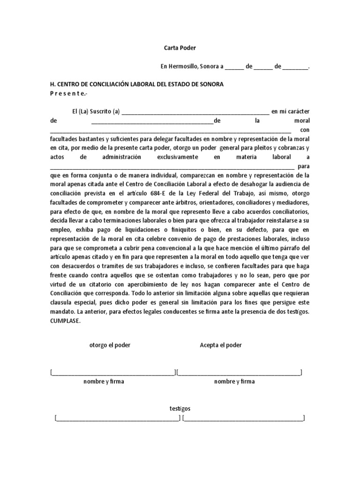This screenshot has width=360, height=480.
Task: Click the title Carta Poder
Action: click(180, 48)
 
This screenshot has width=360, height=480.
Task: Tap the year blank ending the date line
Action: click(295, 67)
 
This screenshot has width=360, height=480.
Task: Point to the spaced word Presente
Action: click(68, 93)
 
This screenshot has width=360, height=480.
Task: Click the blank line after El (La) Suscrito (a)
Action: click(195, 112)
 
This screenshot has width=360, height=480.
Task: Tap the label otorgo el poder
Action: click(110, 345)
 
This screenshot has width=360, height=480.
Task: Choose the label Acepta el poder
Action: click(221, 345)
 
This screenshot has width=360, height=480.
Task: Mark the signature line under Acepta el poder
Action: click(239, 373)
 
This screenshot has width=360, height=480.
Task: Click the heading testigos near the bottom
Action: click(180, 409)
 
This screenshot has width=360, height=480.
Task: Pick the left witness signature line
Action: click(117, 418)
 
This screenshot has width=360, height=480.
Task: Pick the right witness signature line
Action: click(244, 418)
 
